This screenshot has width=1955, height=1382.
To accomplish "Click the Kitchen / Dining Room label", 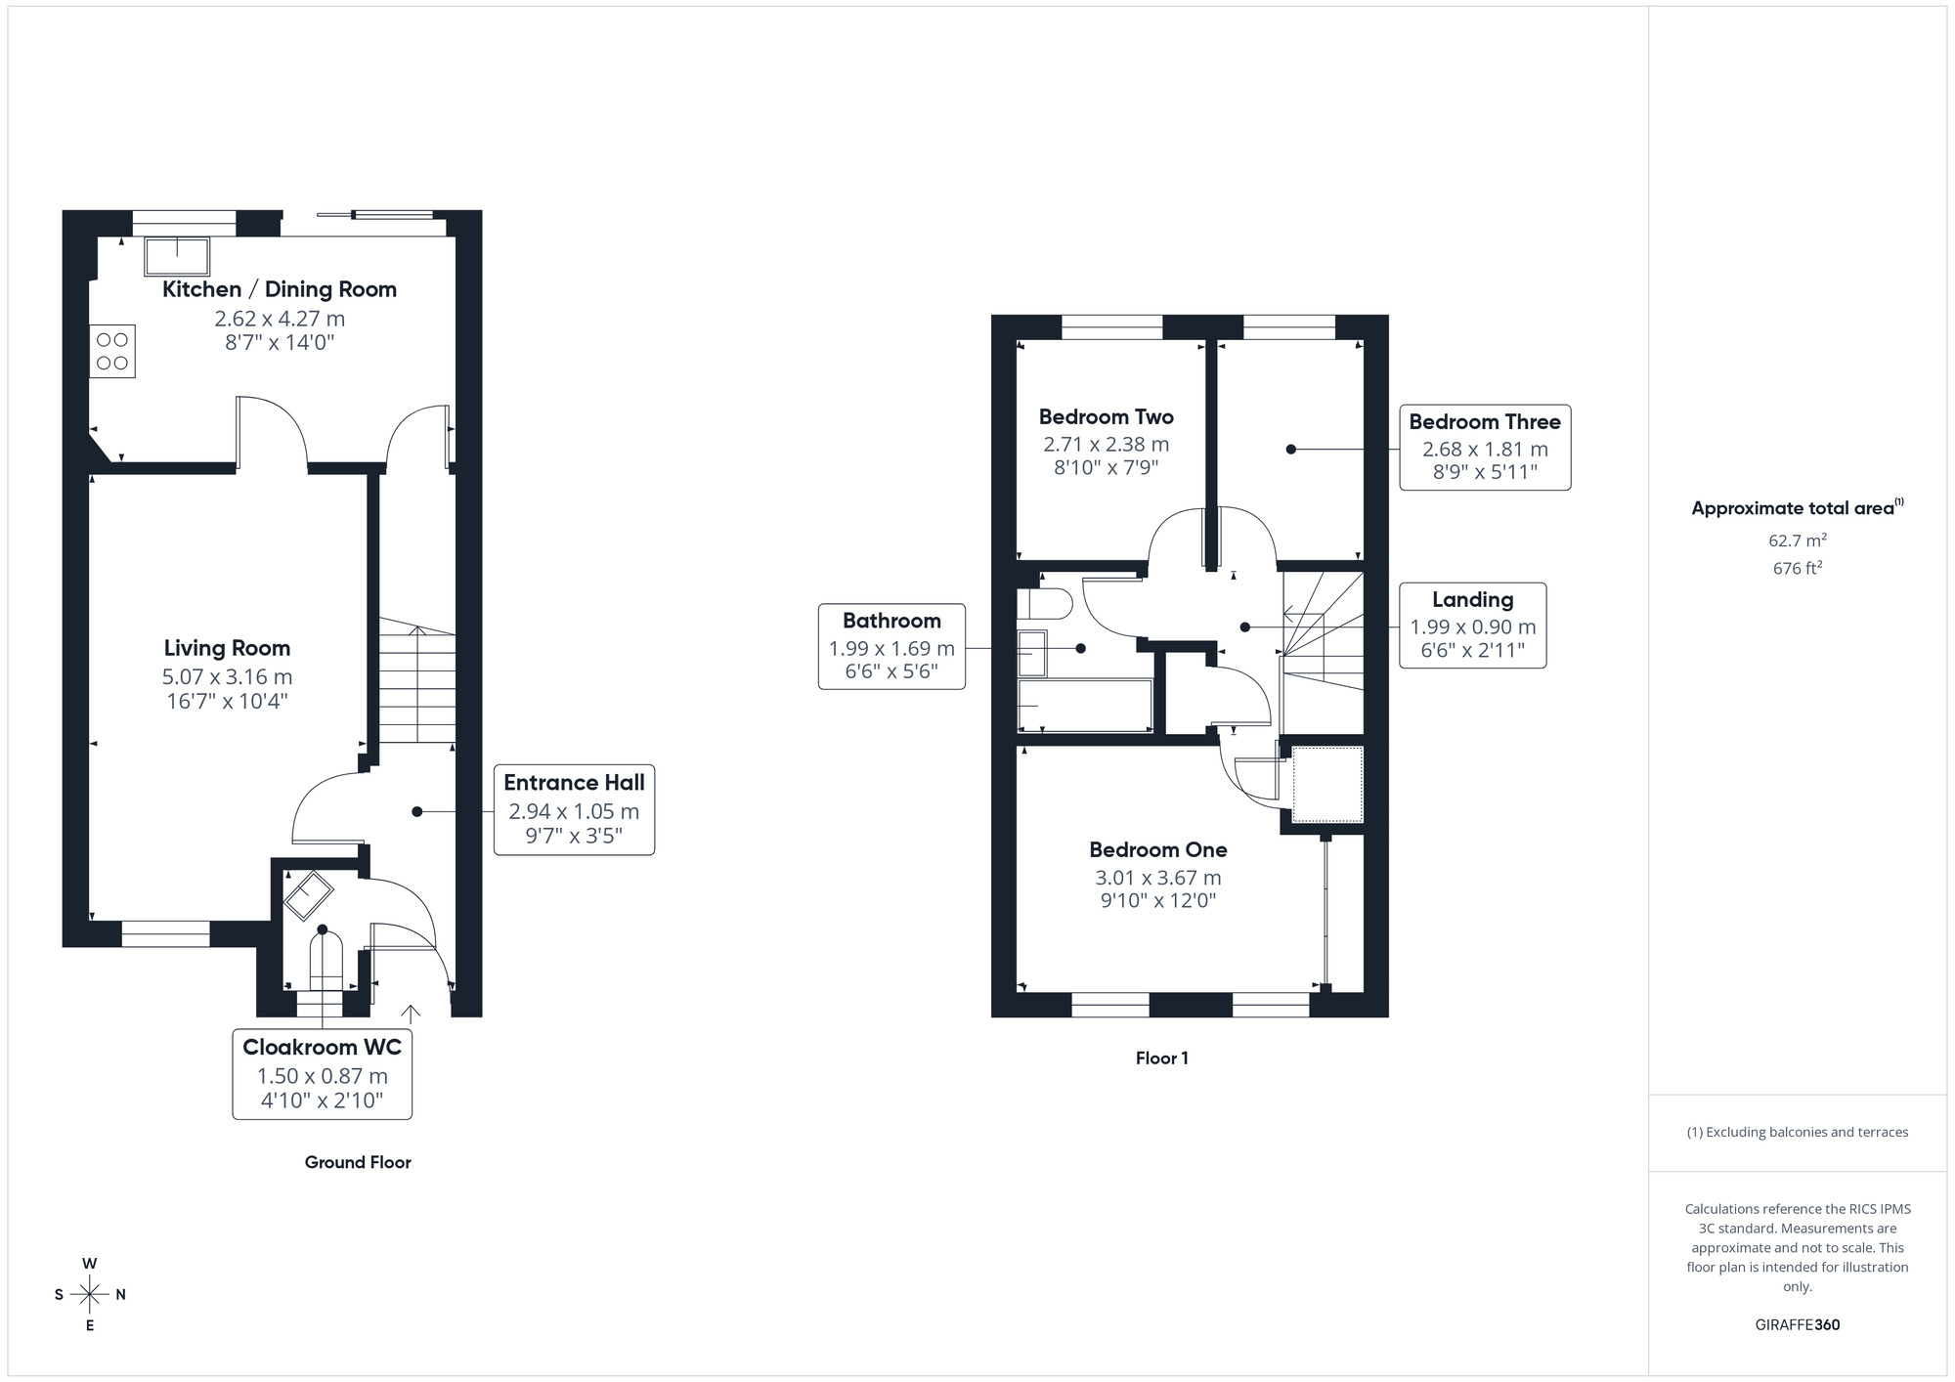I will [279, 289].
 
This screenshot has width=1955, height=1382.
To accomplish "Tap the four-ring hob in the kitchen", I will [112, 352].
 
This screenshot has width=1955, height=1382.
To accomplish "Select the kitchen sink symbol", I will [177, 256].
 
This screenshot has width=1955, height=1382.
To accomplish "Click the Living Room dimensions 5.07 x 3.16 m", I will [227, 676].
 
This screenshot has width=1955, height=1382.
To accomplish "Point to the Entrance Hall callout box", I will [574, 809].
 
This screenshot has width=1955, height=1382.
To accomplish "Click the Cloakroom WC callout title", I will [322, 1047].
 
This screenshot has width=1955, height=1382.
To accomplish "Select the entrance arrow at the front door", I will [411, 1013].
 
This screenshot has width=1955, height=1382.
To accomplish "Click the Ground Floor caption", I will [358, 1162].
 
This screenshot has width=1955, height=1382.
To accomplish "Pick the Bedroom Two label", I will [1106, 417].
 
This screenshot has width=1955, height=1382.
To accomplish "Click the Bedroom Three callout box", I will [1484, 448].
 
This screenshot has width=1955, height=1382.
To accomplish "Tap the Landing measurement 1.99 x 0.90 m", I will [1472, 627].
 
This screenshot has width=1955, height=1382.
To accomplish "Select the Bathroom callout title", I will [891, 621].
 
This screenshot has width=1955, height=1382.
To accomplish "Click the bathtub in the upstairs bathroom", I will [1085, 705].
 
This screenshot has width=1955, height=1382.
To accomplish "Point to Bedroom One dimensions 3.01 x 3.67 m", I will [1157, 878].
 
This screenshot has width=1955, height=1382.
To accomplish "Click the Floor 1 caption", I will [1161, 1058].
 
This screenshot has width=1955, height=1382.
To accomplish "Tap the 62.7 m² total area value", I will [1797, 540].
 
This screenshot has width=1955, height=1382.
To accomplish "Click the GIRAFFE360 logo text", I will [1797, 1324].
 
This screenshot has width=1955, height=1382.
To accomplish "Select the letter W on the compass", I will [89, 1264].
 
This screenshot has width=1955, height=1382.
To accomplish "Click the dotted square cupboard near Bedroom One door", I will [1327, 784].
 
